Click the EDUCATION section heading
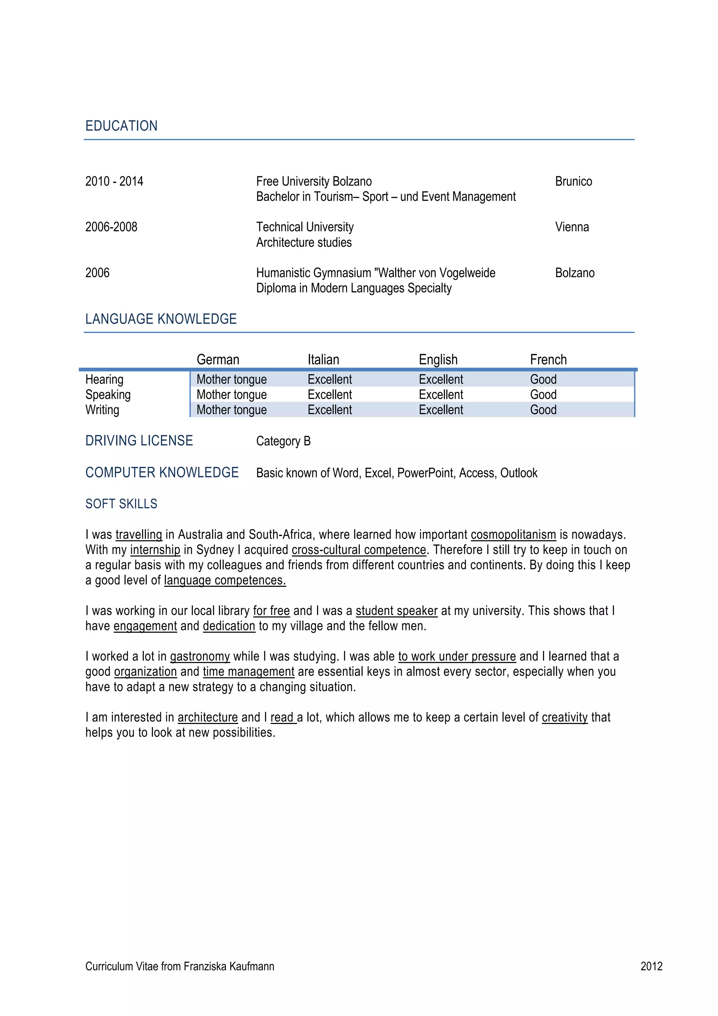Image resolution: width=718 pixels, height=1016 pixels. pyautogui.click(x=121, y=126)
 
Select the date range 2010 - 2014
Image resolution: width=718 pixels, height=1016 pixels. pyautogui.click(x=114, y=182)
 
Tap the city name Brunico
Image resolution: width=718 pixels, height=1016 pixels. pyautogui.click(x=573, y=182)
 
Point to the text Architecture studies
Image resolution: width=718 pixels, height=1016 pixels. pyautogui.click(x=304, y=243)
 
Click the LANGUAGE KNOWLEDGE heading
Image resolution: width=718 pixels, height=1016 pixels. pyautogui.click(x=161, y=319)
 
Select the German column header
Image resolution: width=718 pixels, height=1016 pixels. pyautogui.click(x=218, y=359)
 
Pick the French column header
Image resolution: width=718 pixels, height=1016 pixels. pyautogui.click(x=548, y=359)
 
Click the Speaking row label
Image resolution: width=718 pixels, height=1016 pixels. pyautogui.click(x=108, y=395)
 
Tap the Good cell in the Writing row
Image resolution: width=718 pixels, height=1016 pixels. pyautogui.click(x=543, y=410)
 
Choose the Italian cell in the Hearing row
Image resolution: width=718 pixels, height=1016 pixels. pyautogui.click(x=330, y=379)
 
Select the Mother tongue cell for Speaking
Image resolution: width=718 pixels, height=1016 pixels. pyautogui.click(x=231, y=395)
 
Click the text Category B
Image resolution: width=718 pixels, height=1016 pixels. pyautogui.click(x=284, y=441)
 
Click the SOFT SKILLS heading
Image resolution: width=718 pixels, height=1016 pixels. pyautogui.click(x=121, y=504)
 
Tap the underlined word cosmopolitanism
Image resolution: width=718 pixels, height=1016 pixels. pyautogui.click(x=513, y=535)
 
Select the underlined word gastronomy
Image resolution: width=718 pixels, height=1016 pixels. pyautogui.click(x=200, y=656)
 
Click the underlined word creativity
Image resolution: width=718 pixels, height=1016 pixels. pyautogui.click(x=564, y=717)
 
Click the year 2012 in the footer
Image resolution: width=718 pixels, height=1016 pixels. pyautogui.click(x=651, y=967)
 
